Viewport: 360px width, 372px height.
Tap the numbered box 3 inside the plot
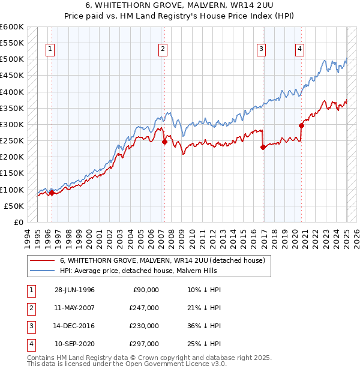262,50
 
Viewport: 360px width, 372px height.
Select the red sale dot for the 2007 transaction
164,142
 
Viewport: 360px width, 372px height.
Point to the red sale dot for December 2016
263,147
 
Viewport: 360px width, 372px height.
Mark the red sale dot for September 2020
302,125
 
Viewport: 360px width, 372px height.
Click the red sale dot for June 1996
52,193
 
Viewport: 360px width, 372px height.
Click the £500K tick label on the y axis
11,59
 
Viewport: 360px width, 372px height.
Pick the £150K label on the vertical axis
11,173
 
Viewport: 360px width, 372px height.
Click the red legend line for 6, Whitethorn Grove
42,261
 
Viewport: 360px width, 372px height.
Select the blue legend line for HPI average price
42,271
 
